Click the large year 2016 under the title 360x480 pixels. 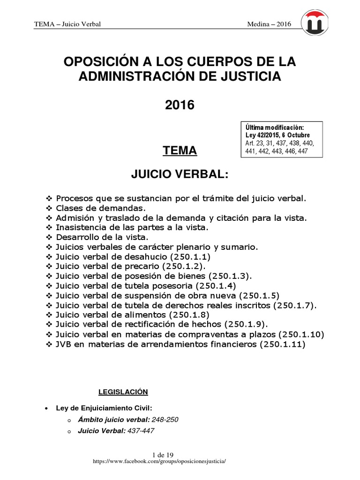point(180,105)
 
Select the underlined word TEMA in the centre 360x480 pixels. point(180,150)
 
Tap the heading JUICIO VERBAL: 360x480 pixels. point(180,174)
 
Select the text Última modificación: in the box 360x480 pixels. point(275,127)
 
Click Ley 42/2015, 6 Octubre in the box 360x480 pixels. point(277,135)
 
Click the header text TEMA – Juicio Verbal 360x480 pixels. point(67,24)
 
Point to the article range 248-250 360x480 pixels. point(165,420)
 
